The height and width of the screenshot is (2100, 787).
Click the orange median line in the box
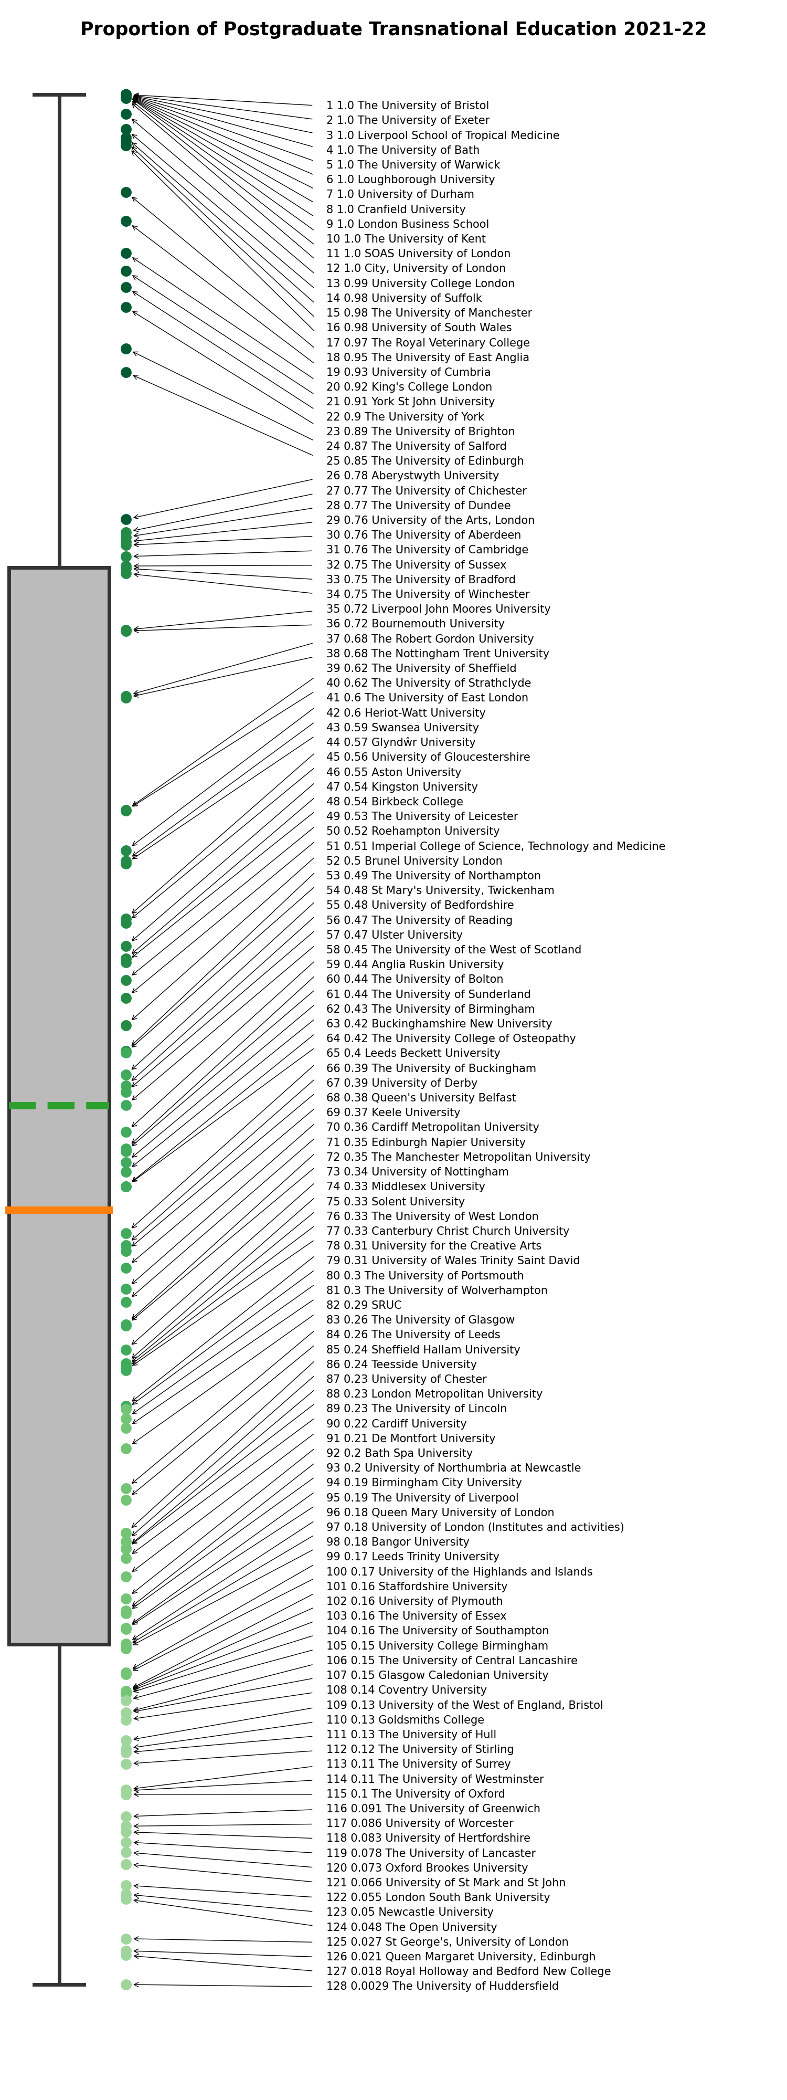(59, 1210)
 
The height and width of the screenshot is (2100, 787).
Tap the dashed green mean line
(59, 1106)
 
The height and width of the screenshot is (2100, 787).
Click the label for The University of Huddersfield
(442, 1986)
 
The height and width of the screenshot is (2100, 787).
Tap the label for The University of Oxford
(416, 1793)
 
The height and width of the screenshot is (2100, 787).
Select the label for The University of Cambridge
(427, 550)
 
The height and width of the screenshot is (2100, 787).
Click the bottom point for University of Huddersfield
(126, 1984)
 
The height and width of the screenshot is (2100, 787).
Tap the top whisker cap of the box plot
(59, 94)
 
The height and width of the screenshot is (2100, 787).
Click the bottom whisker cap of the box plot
(59, 1984)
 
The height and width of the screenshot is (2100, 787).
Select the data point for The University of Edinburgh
(126, 373)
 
